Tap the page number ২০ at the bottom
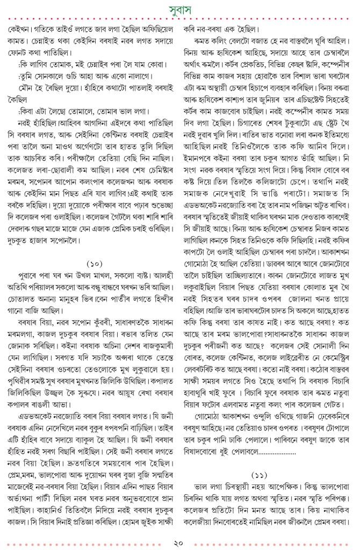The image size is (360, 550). [180, 542]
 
